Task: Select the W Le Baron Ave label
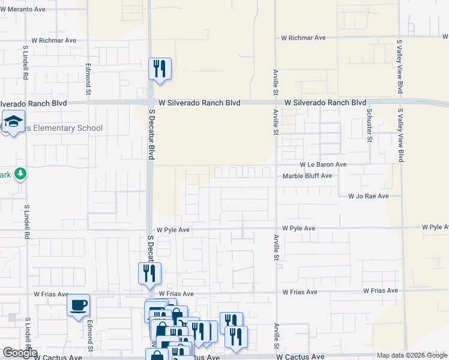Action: (323, 164)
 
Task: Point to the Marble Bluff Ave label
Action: (307, 176)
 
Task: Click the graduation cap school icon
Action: (13, 122)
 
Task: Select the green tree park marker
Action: (20, 174)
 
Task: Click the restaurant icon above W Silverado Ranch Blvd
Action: (160, 70)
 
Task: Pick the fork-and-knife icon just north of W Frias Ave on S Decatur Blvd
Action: (149, 274)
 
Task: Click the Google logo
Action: (20, 353)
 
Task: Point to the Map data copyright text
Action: (412, 355)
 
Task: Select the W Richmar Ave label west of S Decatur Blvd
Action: (54, 40)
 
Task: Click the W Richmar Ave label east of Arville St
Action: (303, 38)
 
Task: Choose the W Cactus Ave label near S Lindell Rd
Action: (58, 357)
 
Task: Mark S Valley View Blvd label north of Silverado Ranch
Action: (399, 67)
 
